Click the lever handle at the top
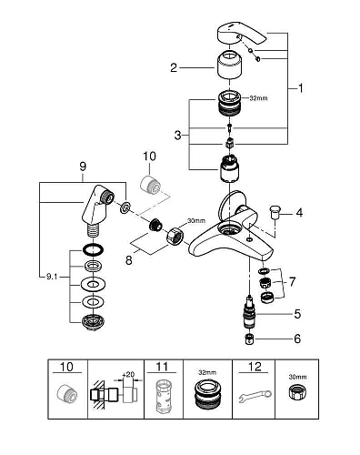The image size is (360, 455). (241, 34)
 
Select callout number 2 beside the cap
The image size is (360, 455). (174, 67)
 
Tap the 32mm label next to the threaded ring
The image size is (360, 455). (258, 98)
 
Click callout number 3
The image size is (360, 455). (178, 135)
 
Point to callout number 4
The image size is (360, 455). (299, 213)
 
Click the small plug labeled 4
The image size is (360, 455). (275, 211)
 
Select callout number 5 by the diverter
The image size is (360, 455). (297, 314)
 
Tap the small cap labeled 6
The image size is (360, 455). (249, 339)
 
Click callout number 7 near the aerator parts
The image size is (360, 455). (292, 282)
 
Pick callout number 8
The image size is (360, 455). (129, 260)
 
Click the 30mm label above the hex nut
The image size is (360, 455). (196, 220)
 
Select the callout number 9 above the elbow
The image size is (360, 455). (83, 167)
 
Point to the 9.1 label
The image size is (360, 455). (52, 277)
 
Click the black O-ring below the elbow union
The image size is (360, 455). (93, 249)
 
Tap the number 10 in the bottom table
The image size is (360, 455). (66, 367)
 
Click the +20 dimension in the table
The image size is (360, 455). (128, 374)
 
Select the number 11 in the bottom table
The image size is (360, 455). (162, 367)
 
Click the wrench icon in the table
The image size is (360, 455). (255, 397)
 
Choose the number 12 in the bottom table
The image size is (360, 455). (255, 367)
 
